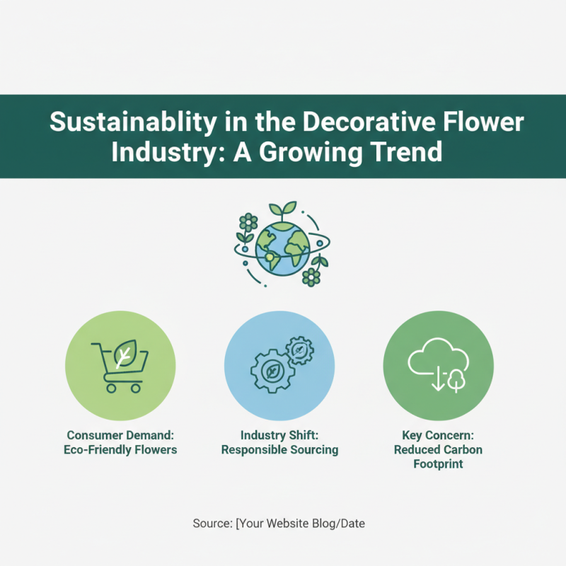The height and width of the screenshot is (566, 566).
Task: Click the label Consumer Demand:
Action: [x=120, y=435]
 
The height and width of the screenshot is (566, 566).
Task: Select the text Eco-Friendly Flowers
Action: [x=120, y=449]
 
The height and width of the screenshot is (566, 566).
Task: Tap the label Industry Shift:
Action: [x=279, y=435]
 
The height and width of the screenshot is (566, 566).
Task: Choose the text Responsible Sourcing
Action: [x=279, y=449]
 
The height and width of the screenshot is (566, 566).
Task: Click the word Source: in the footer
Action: [x=212, y=524]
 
